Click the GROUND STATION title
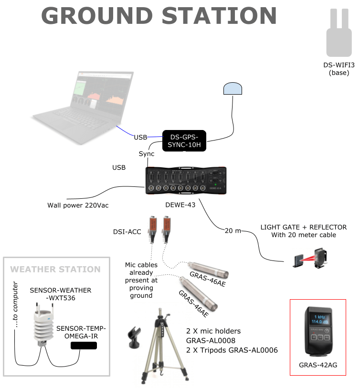tap(159, 15)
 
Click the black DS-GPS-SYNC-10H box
tap(184, 141)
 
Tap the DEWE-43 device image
tap(186, 180)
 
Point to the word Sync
tap(147, 154)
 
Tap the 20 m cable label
tap(233, 231)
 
